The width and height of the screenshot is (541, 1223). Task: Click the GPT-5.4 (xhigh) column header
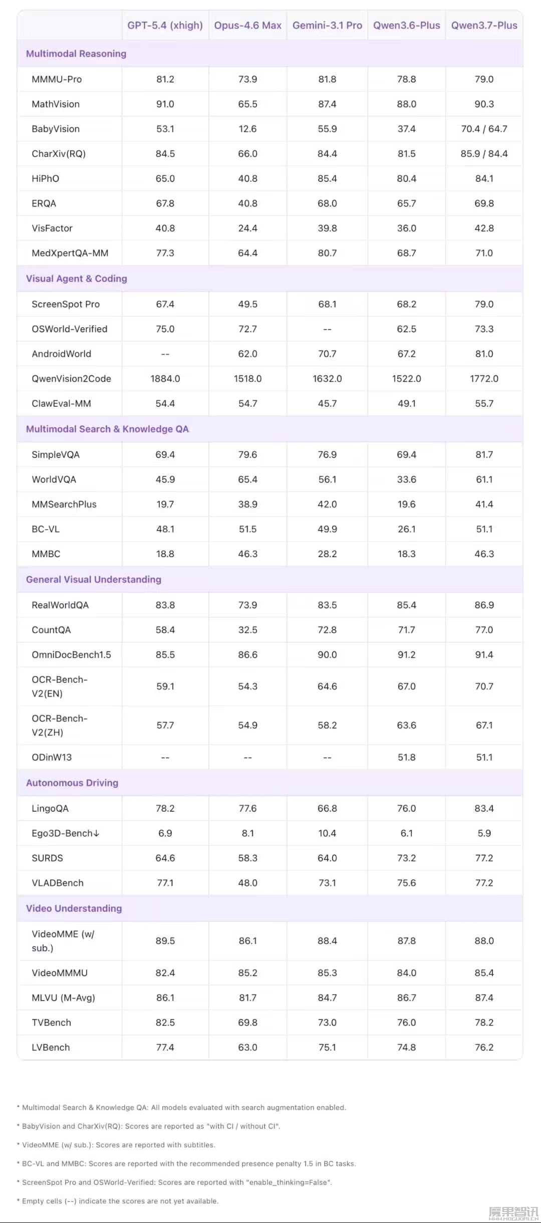[165, 26]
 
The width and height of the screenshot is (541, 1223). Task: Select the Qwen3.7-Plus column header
[484, 26]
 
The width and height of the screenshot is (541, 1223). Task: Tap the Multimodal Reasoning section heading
[76, 54]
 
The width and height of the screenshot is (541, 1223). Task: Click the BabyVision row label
[56, 129]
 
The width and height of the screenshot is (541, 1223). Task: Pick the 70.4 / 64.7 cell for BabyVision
[484, 129]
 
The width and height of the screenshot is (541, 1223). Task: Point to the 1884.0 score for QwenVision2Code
[165, 379]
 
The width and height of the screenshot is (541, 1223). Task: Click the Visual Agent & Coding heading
[77, 279]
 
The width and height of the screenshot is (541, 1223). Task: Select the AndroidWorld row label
[62, 354]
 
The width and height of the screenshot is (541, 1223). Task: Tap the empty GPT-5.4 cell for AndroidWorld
[165, 354]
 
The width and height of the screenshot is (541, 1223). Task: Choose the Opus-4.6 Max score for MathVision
[247, 104]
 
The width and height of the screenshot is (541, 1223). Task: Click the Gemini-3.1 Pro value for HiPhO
[327, 179]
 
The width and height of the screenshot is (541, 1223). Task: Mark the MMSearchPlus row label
[64, 505]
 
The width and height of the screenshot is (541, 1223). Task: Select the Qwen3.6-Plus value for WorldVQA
[406, 479]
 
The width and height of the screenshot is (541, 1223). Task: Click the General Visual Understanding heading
[94, 580]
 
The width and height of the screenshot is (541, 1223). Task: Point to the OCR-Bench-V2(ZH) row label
[60, 725]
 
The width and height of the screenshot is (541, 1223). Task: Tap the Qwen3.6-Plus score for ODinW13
[406, 758]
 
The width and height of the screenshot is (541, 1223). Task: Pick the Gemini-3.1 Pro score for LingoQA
[327, 809]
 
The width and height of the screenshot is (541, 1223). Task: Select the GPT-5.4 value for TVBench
[165, 1023]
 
